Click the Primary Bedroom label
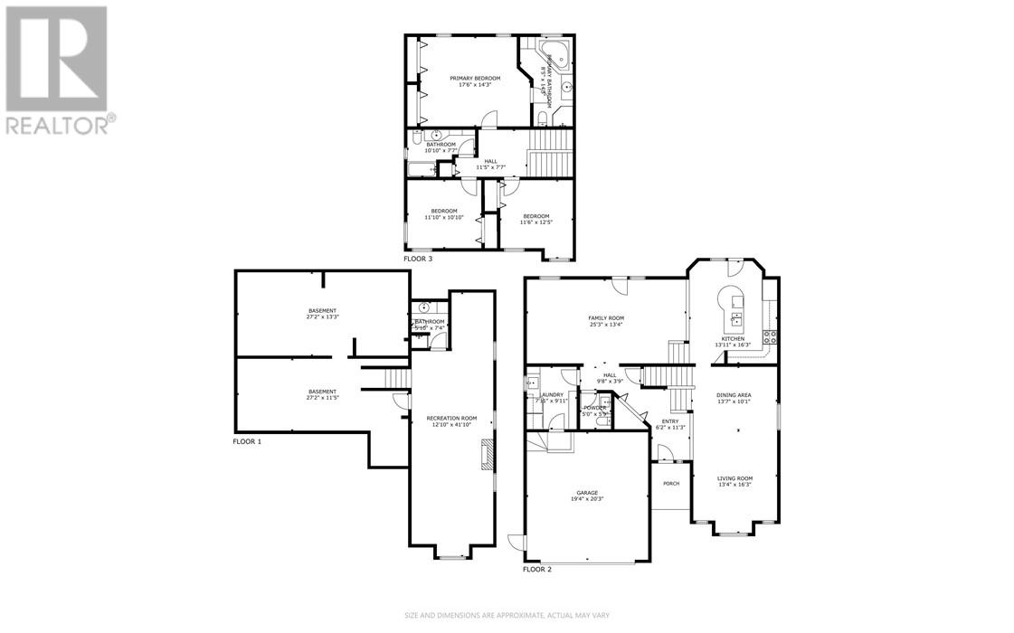476,79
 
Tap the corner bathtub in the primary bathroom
552,52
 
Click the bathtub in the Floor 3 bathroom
422,168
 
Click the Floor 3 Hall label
490,161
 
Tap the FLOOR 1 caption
247,441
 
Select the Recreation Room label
451,418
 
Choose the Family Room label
605,318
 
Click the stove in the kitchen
772,335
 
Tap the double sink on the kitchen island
736,318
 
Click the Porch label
671,484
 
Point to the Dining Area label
734,395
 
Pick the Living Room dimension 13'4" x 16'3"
734,486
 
